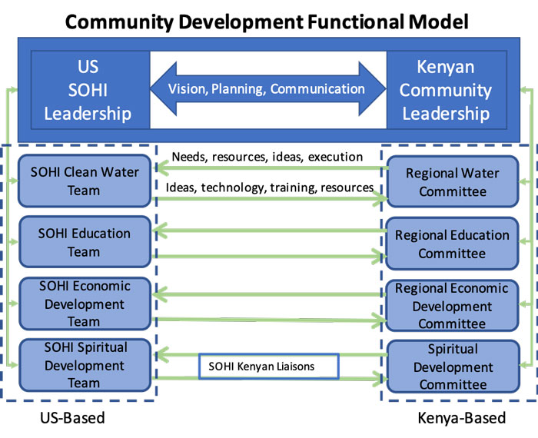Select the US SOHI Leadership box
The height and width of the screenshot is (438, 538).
click(87, 89)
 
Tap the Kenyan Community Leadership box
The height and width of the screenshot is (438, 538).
click(446, 89)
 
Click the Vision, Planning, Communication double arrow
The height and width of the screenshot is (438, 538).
click(267, 89)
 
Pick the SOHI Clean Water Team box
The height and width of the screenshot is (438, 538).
click(84, 181)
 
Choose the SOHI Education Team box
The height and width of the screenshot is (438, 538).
click(84, 242)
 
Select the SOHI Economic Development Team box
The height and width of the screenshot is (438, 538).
click(84, 304)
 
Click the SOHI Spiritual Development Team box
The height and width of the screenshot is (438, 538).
click(84, 365)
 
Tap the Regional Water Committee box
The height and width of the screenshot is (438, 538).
click(452, 182)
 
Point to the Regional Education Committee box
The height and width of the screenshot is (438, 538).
click(452, 244)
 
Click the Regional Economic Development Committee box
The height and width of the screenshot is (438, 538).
click(452, 306)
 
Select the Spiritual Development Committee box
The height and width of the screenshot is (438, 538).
click(452, 367)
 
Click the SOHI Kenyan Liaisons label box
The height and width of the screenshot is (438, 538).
click(268, 367)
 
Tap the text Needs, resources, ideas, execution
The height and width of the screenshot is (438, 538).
click(267, 157)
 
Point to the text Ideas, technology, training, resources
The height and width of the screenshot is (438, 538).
click(270, 187)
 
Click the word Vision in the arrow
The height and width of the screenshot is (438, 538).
click(188, 88)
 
